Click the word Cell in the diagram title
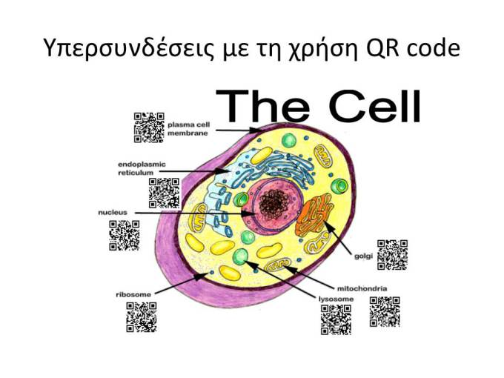point(375,106)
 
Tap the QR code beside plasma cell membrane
point(149,127)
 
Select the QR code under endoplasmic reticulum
point(165,193)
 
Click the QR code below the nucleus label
point(125,236)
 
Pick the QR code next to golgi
point(393,255)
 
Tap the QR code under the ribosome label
point(142,317)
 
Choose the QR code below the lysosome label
point(336,320)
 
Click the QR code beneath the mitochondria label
point(385,312)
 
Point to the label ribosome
point(133,294)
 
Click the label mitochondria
point(362,288)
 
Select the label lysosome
point(336,299)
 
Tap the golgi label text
point(363,256)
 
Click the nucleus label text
point(113,213)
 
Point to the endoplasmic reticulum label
point(142,168)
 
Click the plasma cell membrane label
point(189,129)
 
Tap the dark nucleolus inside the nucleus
point(273,205)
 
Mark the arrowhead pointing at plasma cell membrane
point(257,130)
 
